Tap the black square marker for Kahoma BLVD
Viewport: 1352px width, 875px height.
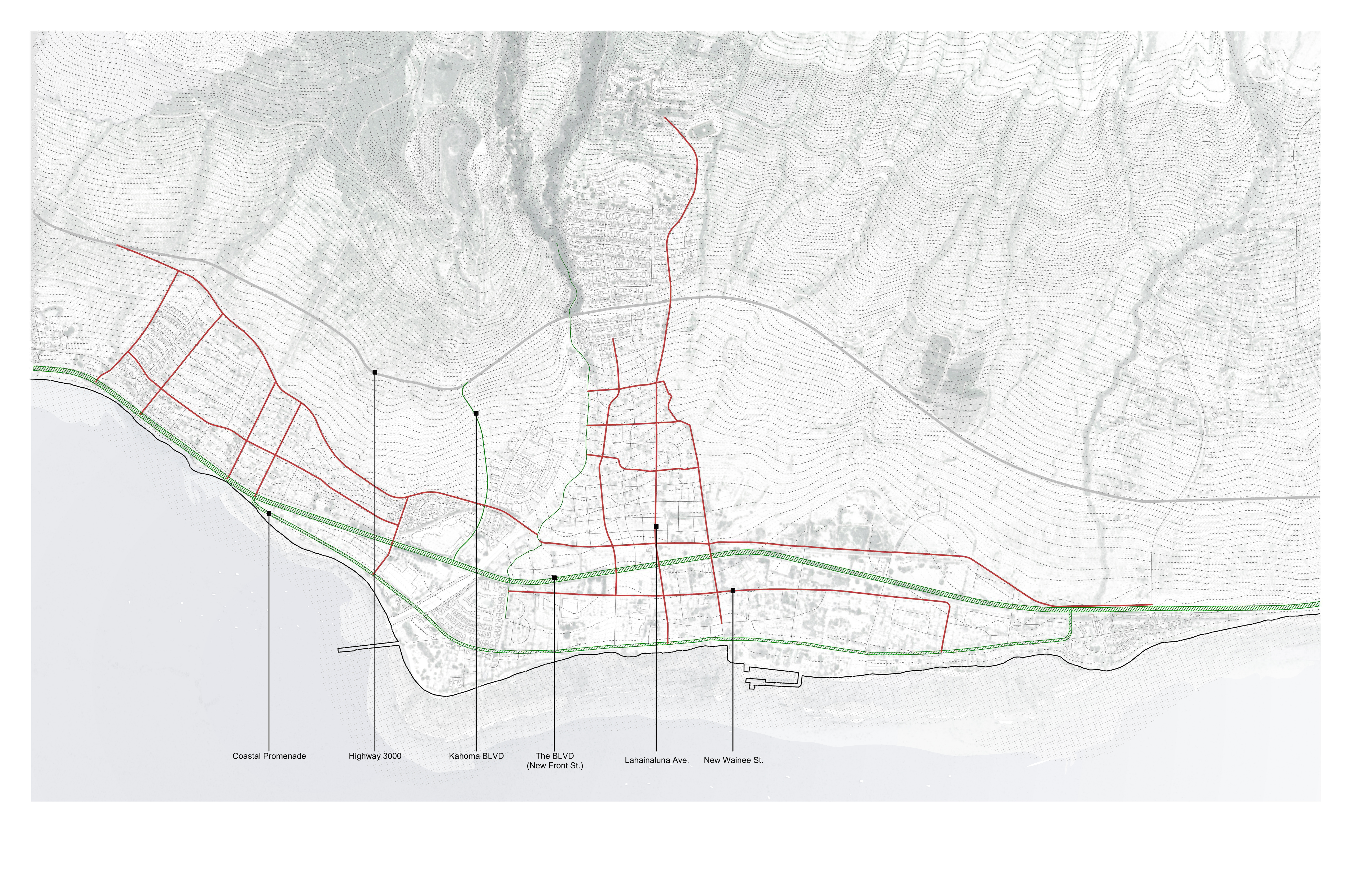(476, 413)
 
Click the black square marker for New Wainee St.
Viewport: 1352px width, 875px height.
(733, 591)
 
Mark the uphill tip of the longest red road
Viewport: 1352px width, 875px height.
(665, 118)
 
